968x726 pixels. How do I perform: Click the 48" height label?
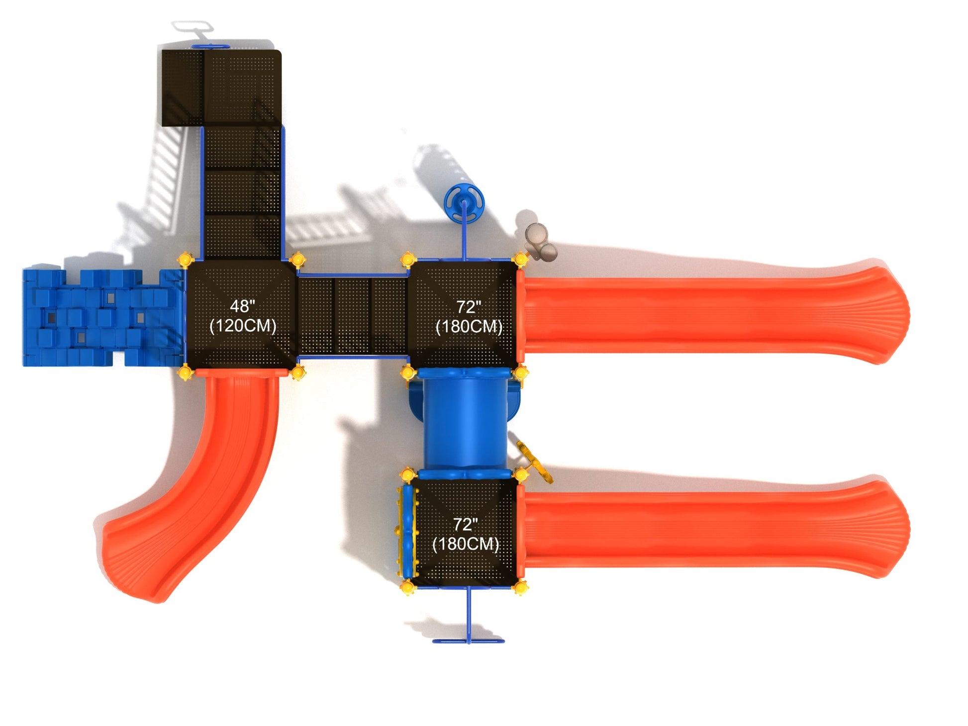point(242,306)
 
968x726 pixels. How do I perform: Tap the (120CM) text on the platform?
point(243,326)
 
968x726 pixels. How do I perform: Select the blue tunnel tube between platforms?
point(465,420)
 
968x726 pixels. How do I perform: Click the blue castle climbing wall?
point(102,318)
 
